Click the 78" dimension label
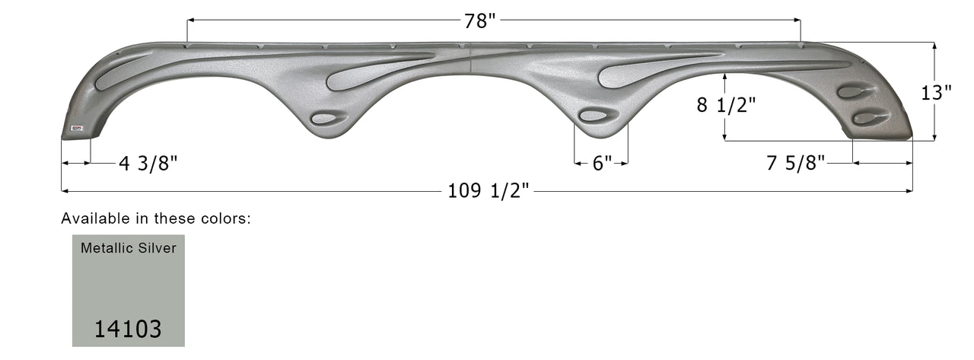480,21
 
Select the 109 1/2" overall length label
488,191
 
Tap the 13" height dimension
937,93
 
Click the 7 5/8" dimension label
795,163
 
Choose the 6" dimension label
602,163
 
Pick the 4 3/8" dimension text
148,163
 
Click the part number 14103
128,329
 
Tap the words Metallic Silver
128,248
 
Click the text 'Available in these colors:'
156,218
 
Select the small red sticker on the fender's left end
77,128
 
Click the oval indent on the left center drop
328,118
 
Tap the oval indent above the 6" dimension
598,115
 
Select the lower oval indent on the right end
871,118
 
